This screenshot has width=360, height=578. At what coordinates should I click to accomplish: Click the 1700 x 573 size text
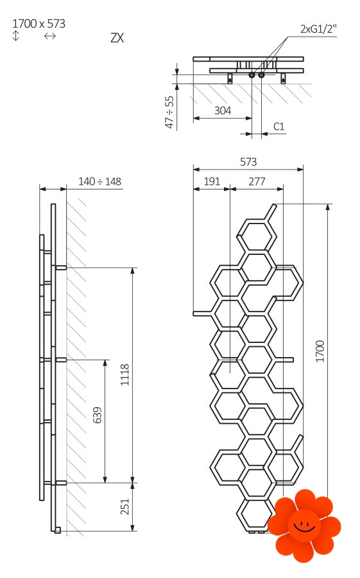(39, 24)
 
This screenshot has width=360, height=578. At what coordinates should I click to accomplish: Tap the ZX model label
(117, 38)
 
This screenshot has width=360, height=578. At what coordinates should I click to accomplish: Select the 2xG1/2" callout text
(318, 29)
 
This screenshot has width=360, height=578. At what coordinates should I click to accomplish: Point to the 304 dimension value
(223, 110)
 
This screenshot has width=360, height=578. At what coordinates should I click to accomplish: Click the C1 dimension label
(279, 127)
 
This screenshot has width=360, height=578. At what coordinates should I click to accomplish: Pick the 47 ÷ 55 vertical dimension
(169, 112)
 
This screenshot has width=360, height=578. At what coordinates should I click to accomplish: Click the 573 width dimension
(248, 161)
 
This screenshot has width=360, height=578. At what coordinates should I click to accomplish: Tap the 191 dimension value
(212, 181)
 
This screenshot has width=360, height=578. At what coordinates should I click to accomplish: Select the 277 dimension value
(257, 181)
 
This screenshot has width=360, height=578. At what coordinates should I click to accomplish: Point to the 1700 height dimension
(320, 351)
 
